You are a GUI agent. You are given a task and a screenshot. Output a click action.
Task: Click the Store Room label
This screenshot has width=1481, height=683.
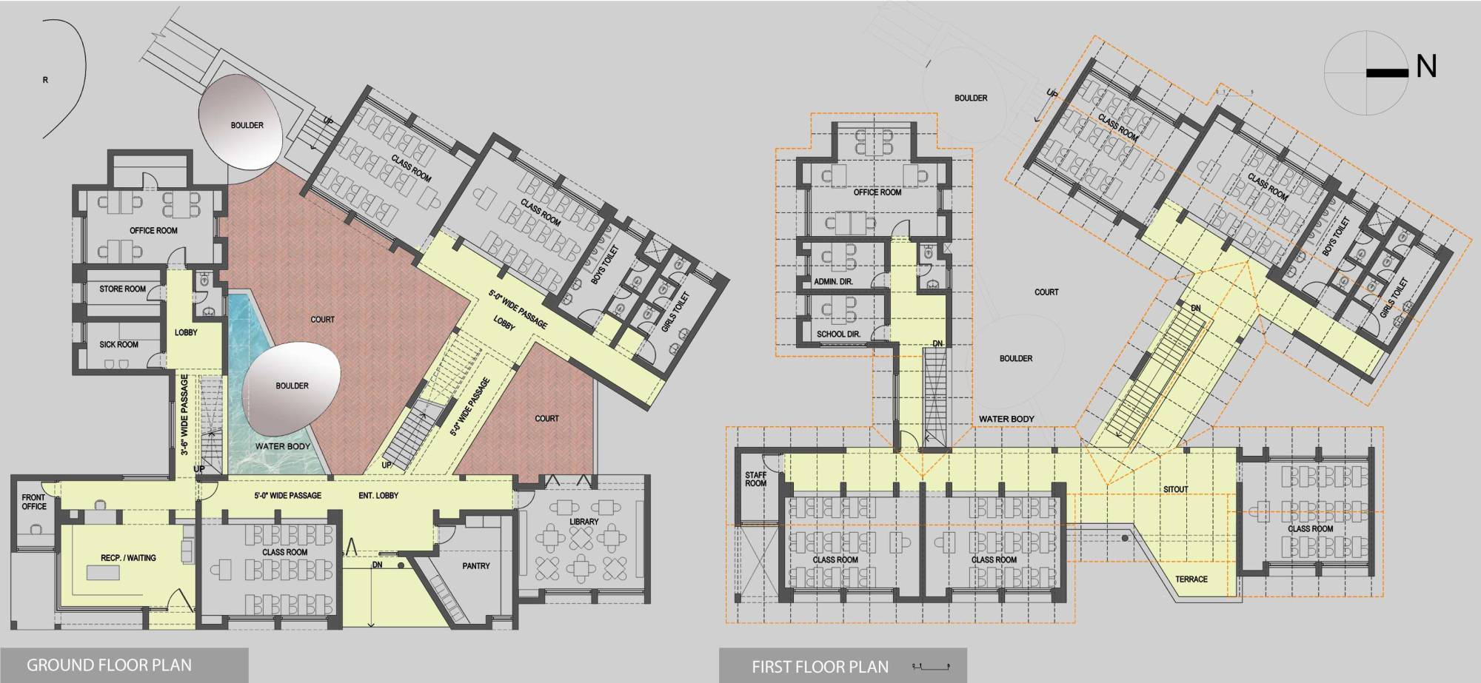[122, 289]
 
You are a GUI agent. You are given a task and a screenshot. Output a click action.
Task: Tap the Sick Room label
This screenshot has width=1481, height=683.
[118, 345]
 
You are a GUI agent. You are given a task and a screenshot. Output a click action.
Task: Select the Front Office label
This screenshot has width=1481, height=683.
[33, 502]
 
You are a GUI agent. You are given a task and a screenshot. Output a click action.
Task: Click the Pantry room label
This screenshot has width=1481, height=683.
[475, 566]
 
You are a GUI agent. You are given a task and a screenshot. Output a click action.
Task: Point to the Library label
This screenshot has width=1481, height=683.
[584, 522]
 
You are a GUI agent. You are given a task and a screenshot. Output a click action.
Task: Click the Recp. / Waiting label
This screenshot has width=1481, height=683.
[128, 558]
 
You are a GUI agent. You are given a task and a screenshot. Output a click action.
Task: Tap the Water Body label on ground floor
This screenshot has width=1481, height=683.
[282, 447]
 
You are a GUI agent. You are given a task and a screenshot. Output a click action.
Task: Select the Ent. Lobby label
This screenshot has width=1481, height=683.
[378, 496]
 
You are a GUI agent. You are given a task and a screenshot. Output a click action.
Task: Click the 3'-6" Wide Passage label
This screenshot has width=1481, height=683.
[184, 414]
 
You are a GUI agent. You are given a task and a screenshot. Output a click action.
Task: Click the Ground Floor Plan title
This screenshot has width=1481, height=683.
[109, 665]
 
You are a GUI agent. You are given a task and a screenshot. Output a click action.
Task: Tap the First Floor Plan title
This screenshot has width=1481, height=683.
[820, 667]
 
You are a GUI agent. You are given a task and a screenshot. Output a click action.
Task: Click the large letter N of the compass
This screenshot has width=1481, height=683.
[1425, 67]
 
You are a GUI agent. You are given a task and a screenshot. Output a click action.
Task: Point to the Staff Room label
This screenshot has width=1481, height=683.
[755, 480]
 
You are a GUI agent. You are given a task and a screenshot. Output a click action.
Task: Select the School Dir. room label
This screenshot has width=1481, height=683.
[838, 334]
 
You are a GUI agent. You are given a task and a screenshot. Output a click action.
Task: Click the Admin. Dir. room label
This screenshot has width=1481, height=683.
[833, 282]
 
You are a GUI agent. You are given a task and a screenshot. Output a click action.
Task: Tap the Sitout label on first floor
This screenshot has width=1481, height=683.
[1175, 490]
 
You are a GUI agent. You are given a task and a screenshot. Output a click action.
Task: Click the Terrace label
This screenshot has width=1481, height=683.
[1191, 579]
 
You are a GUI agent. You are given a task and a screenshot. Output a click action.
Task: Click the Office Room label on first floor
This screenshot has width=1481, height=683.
[877, 192]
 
